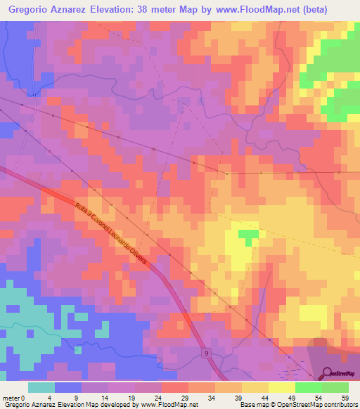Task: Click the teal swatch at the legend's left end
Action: tap(41, 387)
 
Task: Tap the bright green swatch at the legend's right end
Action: tap(335, 387)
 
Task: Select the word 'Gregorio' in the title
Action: tap(32, 9)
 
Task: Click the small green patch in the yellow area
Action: tap(248, 235)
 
